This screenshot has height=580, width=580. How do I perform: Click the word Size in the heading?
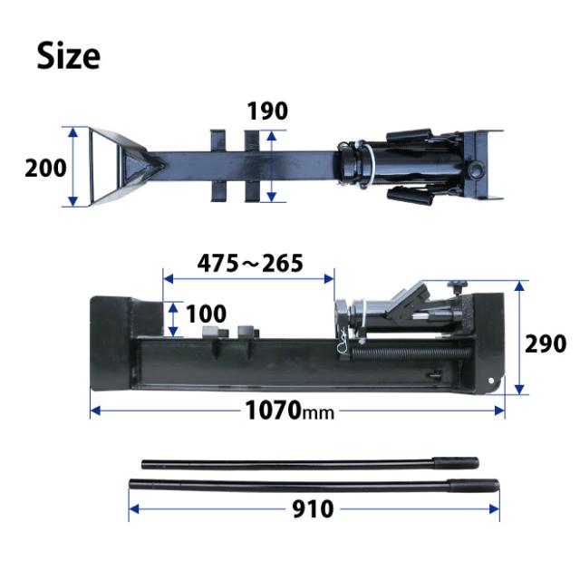tap(69, 55)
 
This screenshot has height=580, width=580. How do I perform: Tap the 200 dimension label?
tap(45, 168)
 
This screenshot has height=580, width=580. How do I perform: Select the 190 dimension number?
tap(267, 111)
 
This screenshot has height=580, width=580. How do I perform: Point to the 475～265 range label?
tap(250, 264)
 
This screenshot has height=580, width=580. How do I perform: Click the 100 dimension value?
tap(206, 314)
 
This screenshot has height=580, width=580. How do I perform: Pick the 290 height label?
tap(546, 344)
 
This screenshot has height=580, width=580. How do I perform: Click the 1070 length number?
tap(273, 411)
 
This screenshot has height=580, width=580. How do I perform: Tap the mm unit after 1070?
tap(318, 413)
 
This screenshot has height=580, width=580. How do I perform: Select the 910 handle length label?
tap(313, 509)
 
